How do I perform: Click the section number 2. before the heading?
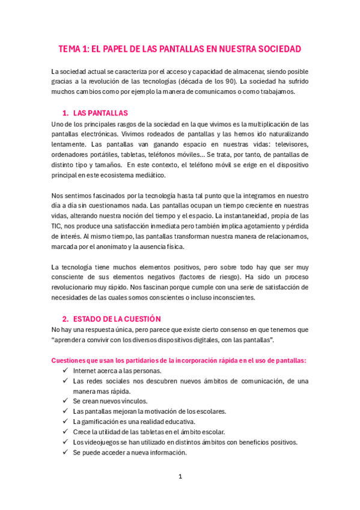click(x=66, y=319)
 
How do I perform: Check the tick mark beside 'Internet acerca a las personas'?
click(x=64, y=371)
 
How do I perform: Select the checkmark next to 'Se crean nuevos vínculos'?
click(x=64, y=401)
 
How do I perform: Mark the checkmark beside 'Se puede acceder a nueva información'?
click(x=64, y=452)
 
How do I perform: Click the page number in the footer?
click(x=180, y=477)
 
